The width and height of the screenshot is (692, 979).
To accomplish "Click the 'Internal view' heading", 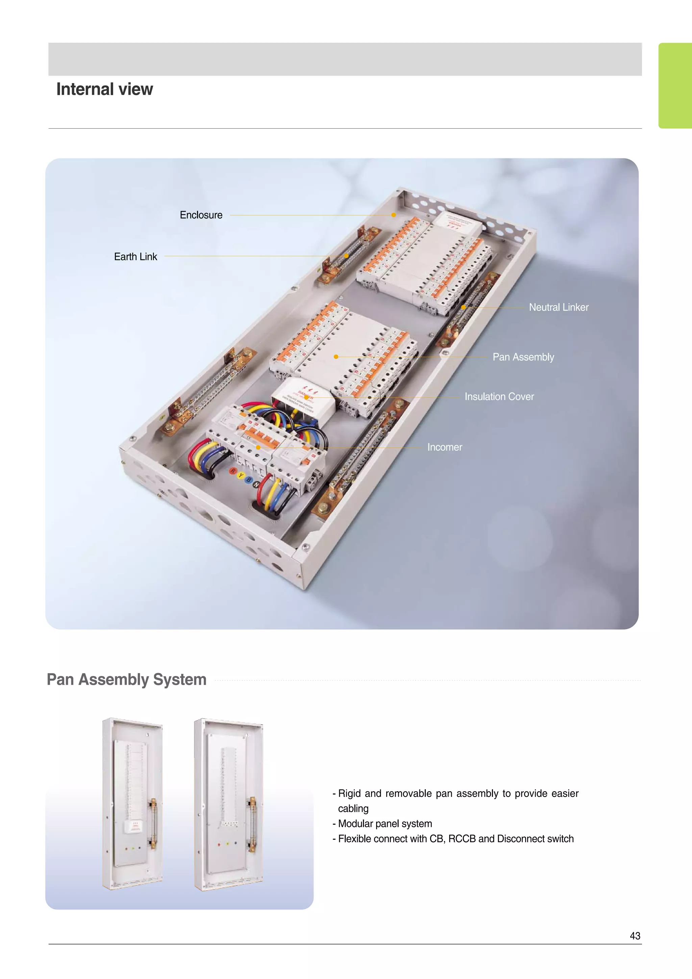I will click(x=104, y=89).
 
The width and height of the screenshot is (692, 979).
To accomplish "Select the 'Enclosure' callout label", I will click(x=201, y=215).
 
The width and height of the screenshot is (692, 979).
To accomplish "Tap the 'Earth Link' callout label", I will click(x=135, y=257).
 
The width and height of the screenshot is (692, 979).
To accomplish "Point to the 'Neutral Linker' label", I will click(x=559, y=307).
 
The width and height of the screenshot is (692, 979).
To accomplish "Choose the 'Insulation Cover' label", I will click(x=499, y=397).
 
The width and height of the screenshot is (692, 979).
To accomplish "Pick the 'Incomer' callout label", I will click(x=444, y=447).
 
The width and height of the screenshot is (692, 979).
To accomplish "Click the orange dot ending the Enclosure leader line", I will click(x=394, y=215).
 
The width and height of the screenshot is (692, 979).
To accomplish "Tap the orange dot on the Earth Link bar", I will click(x=346, y=256).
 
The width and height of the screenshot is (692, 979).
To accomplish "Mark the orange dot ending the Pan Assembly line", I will click(x=336, y=356).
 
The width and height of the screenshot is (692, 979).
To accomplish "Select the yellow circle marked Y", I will click(x=241, y=475).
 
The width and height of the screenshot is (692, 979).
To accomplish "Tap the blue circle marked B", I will click(x=249, y=480).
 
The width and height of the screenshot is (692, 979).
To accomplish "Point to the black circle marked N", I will click(x=256, y=484).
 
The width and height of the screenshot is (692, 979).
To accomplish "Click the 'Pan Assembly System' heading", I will click(x=127, y=679).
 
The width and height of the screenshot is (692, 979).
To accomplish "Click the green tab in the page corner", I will click(x=675, y=85).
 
